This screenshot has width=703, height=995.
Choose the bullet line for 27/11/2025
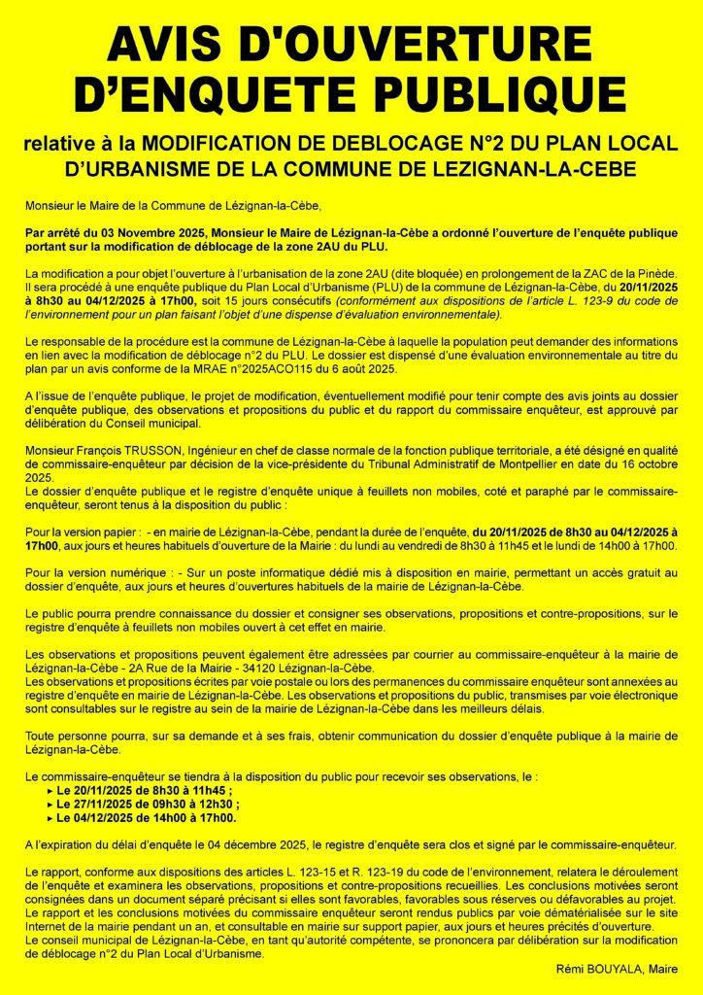coord(148,805)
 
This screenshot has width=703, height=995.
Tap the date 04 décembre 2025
coord(257,844)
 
